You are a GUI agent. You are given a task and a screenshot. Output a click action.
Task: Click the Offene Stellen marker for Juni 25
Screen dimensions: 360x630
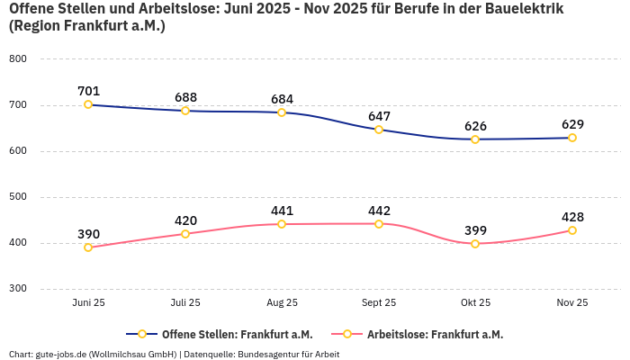(x=88, y=104)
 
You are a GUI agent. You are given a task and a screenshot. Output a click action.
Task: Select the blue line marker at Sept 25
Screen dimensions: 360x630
(x=379, y=130)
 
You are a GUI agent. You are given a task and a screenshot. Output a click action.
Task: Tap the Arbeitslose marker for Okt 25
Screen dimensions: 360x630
(x=475, y=244)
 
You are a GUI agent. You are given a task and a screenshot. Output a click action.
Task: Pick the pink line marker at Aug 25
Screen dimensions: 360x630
(x=282, y=224)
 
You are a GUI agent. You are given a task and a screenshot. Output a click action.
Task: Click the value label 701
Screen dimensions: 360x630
(x=88, y=90)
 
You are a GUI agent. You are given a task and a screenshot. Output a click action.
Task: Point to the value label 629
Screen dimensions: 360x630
(x=572, y=124)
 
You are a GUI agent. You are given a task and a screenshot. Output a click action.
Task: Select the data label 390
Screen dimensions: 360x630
(x=88, y=234)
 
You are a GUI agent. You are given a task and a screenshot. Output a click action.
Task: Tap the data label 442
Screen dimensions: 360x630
(x=379, y=211)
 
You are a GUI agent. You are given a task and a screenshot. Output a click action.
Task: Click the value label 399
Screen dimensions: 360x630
(x=475, y=230)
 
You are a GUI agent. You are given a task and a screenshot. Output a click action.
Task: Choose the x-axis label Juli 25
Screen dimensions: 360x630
(x=185, y=303)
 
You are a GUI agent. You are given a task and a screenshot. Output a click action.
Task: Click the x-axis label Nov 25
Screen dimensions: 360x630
(x=572, y=303)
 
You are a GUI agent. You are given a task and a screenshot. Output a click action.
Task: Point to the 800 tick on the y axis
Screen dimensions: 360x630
(x=17, y=58)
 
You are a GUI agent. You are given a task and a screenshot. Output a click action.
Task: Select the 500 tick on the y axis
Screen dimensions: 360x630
(x=17, y=197)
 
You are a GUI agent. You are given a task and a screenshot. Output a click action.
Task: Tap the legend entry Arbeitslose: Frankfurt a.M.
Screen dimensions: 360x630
(x=435, y=334)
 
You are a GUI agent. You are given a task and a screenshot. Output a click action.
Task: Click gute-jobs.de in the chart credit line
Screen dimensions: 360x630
(x=59, y=354)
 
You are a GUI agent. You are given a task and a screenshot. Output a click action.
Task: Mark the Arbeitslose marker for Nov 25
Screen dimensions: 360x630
(x=572, y=230)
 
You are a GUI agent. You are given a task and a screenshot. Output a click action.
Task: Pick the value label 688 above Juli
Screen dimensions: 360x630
(x=185, y=96)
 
